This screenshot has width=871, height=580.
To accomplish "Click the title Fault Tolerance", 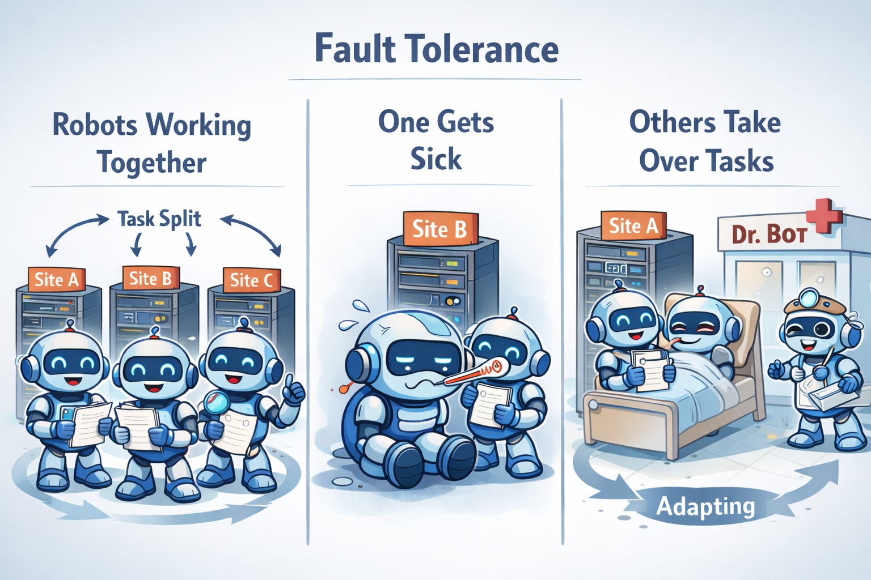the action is pyautogui.click(x=436, y=49).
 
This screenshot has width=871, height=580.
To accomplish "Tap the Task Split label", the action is pyautogui.click(x=159, y=219).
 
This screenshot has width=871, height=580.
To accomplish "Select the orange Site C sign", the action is pyautogui.click(x=252, y=280).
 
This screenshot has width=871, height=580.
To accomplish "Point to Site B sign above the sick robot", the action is pyautogui.click(x=439, y=229).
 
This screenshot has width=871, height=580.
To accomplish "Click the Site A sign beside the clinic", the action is pyautogui.click(x=633, y=226).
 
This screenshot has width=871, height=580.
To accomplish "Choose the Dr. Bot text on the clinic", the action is pyautogui.click(x=769, y=233).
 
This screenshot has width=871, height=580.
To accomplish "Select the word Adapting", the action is pyautogui.click(x=705, y=506).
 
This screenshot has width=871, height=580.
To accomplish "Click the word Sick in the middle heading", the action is pyautogui.click(x=435, y=159).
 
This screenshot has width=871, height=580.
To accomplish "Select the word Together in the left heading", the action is pyautogui.click(x=151, y=163).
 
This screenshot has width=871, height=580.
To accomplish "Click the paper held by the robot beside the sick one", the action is pyautogui.click(x=492, y=403).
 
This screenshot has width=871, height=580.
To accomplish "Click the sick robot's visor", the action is pyautogui.click(x=424, y=358).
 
